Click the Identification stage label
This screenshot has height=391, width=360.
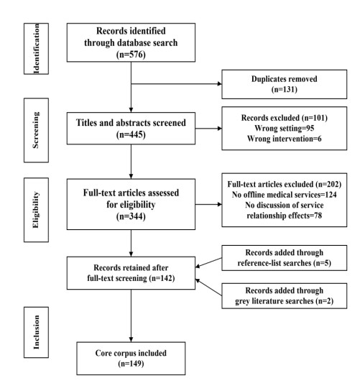tap(36, 49)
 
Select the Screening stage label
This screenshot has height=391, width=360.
tap(36, 130)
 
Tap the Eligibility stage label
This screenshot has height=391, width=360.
tap(36, 210)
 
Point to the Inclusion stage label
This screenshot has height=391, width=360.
tap(36, 332)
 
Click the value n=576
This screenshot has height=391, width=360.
tap(131, 55)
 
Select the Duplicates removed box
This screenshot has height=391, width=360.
tap(285, 84)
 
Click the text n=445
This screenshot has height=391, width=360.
tap(131, 134)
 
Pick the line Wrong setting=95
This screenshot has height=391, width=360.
tap(285, 128)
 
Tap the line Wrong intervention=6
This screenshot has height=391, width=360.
tap(285, 139)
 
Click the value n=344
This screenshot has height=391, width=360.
tap(131, 216)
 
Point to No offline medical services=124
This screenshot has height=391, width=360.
tap(285, 195)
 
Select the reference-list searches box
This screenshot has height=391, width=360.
tap(285, 258)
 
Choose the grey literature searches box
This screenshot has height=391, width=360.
tap(285, 295)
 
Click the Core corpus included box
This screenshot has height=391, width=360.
tap(131, 359)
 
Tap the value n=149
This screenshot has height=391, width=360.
tap(131, 364)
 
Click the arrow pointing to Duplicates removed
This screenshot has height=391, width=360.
tap(176, 84)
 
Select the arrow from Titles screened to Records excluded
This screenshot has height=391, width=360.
tap(208, 129)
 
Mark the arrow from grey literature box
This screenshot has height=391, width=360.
tap(208, 287)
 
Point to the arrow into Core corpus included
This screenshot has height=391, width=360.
tap(131, 316)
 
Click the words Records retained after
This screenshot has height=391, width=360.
tap(131, 267)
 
